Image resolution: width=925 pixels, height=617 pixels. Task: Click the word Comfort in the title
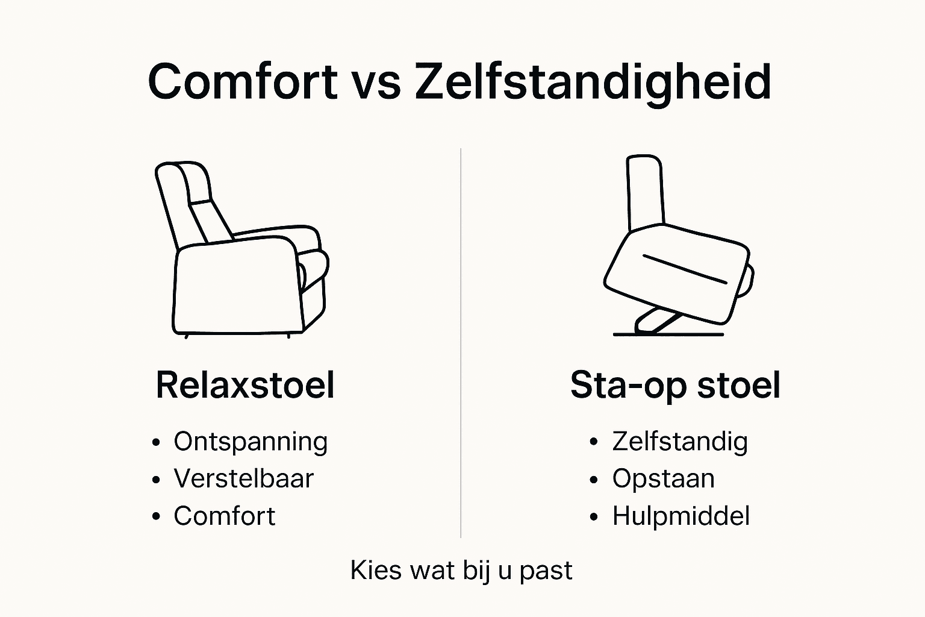click(242, 81)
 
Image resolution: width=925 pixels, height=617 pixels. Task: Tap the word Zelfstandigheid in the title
click(593, 83)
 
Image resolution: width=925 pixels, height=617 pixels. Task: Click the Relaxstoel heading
click(244, 385)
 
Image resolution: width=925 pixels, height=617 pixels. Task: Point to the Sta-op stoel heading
click(675, 385)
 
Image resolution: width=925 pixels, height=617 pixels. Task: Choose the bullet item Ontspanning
click(251, 442)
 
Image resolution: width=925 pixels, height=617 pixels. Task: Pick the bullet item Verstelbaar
click(243, 479)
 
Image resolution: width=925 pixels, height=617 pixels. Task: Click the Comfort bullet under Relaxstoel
click(224, 516)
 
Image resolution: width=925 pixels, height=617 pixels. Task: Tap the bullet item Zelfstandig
click(680, 442)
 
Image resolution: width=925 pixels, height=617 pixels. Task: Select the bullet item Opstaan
click(663, 479)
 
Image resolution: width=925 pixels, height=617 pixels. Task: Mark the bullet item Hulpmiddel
click(681, 516)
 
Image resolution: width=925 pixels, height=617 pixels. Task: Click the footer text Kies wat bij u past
click(461, 570)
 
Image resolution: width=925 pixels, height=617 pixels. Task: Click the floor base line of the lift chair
click(668, 334)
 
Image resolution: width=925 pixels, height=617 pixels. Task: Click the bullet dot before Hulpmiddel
click(594, 517)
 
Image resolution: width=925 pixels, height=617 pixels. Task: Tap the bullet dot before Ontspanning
click(157, 442)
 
